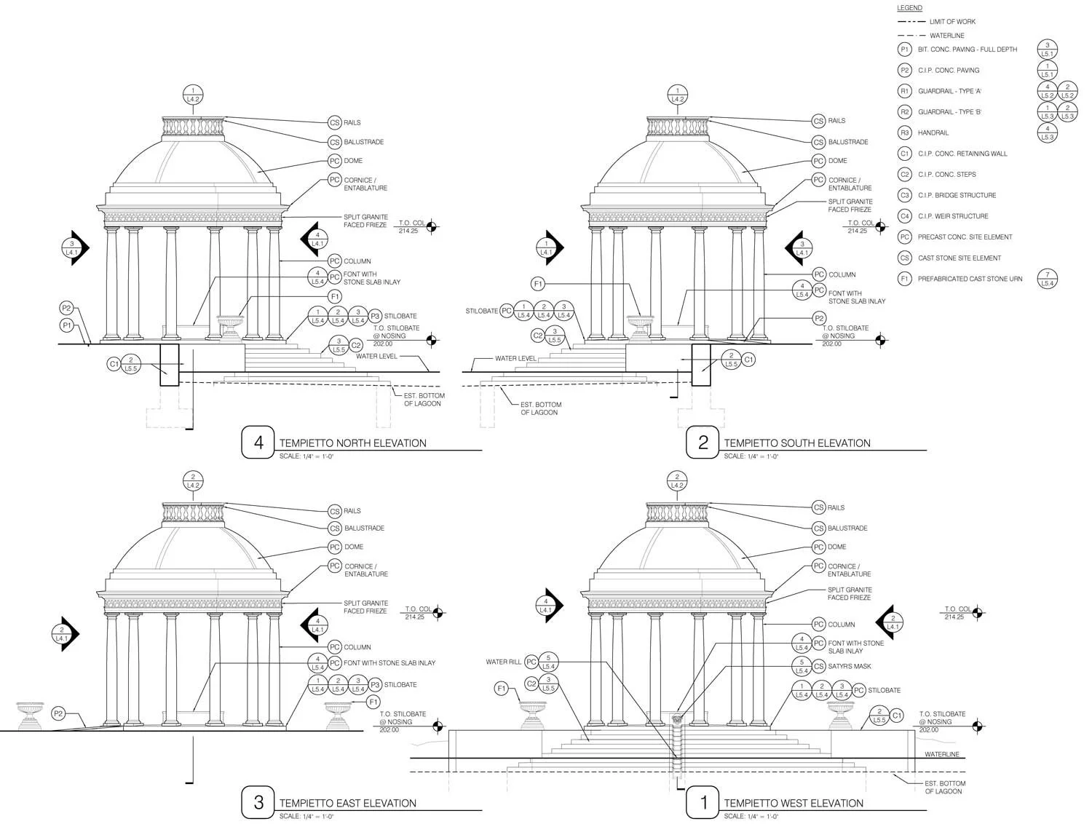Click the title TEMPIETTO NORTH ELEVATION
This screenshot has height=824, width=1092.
click(x=352, y=443)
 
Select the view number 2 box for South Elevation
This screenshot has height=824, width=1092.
click(x=703, y=443)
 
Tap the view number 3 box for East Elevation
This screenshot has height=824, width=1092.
click(x=258, y=802)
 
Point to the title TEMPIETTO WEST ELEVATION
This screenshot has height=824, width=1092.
click(x=794, y=803)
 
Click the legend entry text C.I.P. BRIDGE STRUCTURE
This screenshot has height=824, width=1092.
click(x=957, y=195)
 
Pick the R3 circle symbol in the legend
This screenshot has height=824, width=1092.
click(x=904, y=132)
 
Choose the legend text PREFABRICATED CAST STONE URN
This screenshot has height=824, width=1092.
click(x=970, y=279)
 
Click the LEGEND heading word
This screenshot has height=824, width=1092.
click(x=909, y=8)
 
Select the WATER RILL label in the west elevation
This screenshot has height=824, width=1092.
click(x=504, y=662)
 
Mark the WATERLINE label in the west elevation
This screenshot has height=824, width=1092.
click(x=942, y=754)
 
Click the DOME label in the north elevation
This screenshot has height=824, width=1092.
click(x=353, y=161)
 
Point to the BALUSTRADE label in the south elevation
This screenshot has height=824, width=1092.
click(x=848, y=142)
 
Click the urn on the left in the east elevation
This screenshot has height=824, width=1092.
click(x=30, y=714)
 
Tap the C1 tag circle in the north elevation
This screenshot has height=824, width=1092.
click(x=114, y=363)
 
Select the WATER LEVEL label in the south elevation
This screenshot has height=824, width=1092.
click(x=515, y=358)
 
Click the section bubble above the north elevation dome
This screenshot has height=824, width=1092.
click(x=193, y=94)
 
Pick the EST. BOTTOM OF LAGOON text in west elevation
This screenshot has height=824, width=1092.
click(x=945, y=787)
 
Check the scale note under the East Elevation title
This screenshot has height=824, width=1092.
click(x=306, y=816)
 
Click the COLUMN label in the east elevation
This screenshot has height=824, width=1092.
click(x=357, y=647)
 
